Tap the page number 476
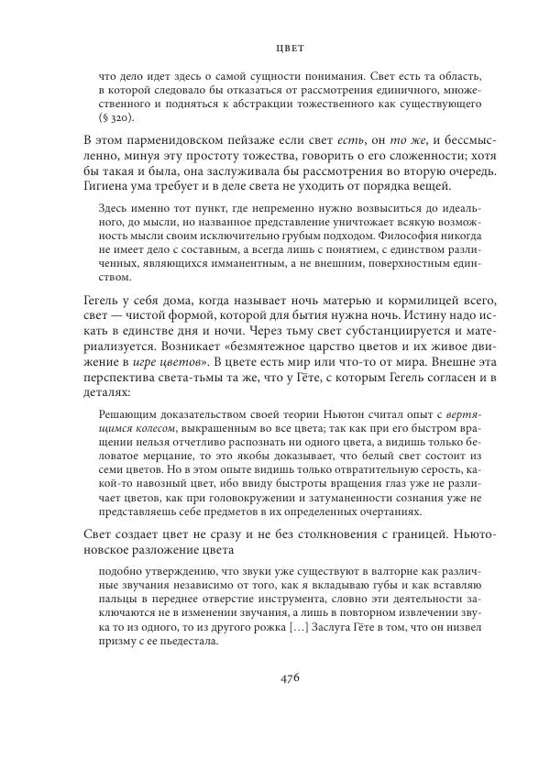[x=291, y=677]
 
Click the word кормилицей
[x=408, y=301]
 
